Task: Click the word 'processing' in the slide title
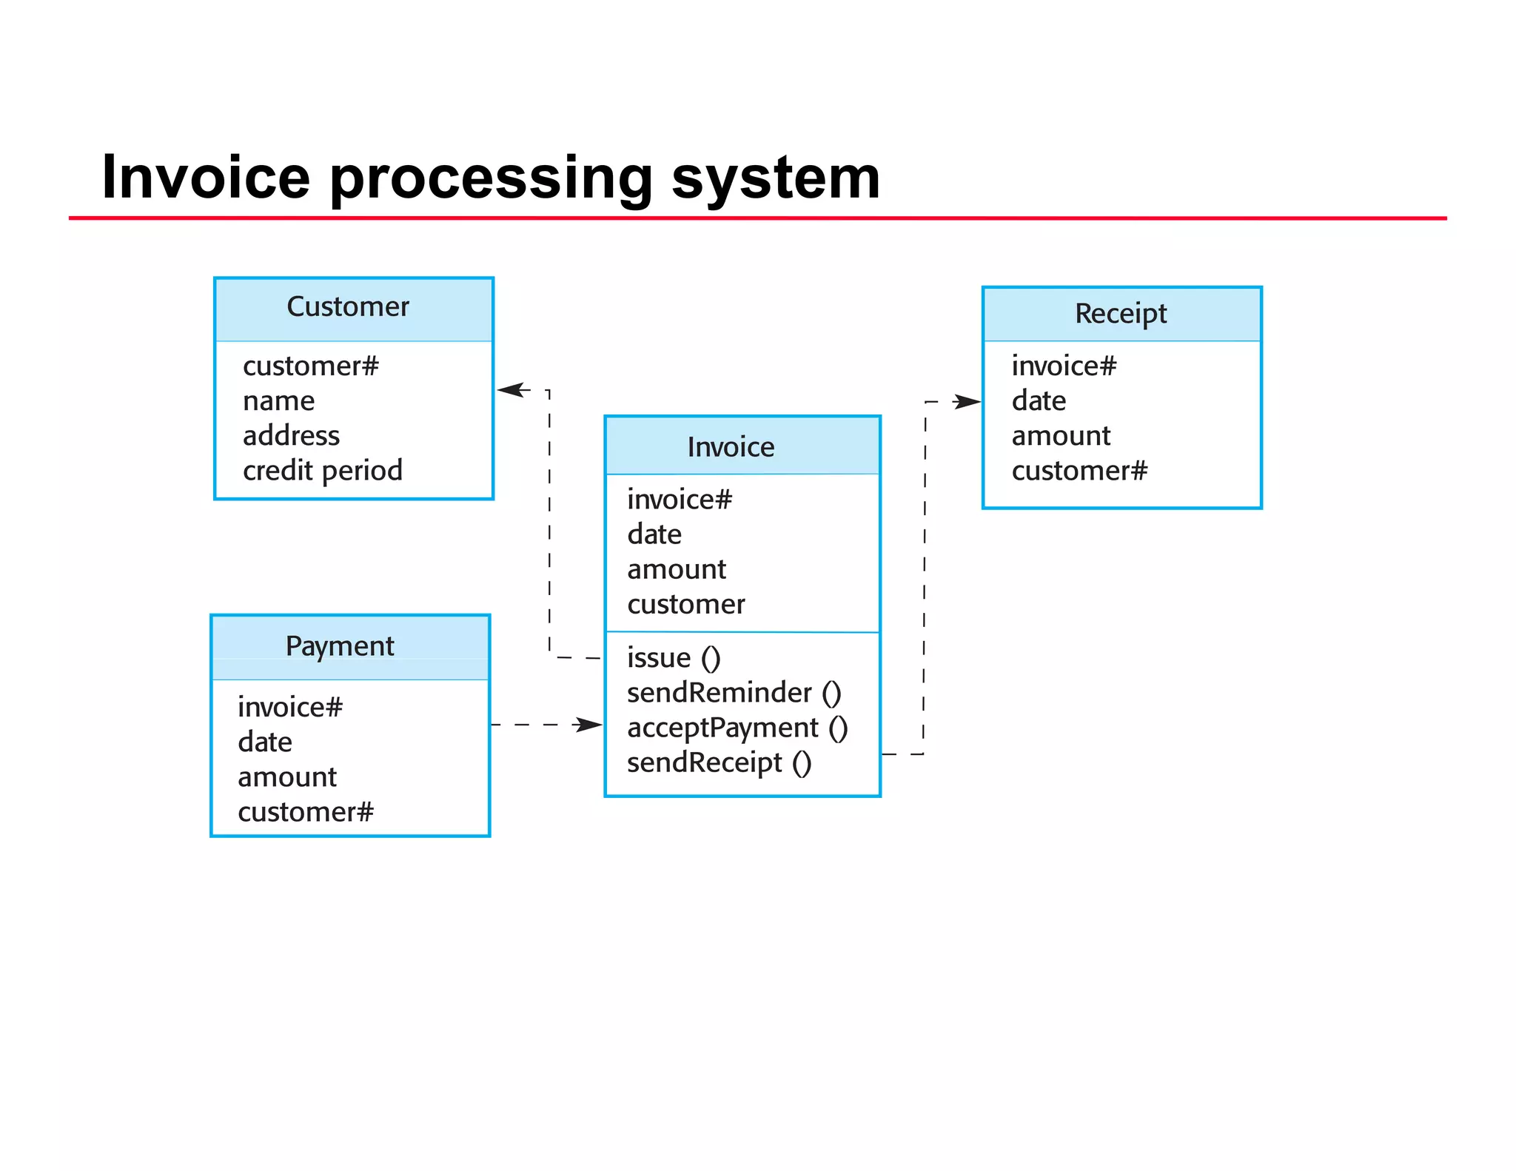point(490,178)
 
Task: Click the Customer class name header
point(348,306)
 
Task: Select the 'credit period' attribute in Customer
point(322,471)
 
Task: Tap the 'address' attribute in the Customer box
point(291,436)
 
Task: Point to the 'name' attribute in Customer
point(278,401)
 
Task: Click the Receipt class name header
point(1121,314)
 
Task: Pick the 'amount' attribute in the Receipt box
point(1061,436)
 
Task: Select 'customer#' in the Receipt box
point(1079,471)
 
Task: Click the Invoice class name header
point(731,447)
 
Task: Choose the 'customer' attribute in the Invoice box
point(685,605)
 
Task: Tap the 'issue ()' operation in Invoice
point(673,658)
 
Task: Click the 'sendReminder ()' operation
point(733,693)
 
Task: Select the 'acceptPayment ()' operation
point(737,728)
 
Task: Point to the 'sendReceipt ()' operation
point(719,762)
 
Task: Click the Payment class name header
point(340,646)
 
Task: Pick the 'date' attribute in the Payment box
point(265,742)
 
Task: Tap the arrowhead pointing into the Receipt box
point(967,402)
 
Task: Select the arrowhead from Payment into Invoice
point(589,725)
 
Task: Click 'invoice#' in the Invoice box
point(679,500)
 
